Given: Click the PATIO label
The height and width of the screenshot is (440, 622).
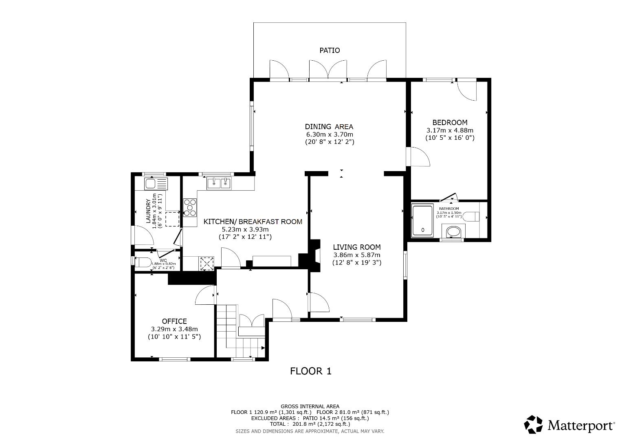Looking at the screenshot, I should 330,51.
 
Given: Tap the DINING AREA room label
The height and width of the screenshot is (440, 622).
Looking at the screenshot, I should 329,126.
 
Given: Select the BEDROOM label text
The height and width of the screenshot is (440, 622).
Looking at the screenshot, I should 450,122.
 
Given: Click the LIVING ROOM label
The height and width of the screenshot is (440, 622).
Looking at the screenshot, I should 357,247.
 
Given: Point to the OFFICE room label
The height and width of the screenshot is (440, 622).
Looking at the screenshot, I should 174,321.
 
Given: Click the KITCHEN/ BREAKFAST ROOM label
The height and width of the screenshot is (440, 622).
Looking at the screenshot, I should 253,222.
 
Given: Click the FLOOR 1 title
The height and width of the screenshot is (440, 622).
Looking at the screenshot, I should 311,371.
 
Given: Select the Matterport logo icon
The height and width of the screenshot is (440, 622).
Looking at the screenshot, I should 534,425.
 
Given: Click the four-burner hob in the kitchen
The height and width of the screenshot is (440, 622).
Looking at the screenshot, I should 189,207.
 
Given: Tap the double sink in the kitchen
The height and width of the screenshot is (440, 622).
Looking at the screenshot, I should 219,184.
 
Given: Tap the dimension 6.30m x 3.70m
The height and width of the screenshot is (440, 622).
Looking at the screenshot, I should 330,134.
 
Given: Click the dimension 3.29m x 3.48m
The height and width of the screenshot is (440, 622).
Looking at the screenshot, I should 174,329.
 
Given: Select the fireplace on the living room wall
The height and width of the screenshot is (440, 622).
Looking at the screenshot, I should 314,255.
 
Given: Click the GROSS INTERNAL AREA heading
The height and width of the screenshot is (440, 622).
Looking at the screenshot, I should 310,406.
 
